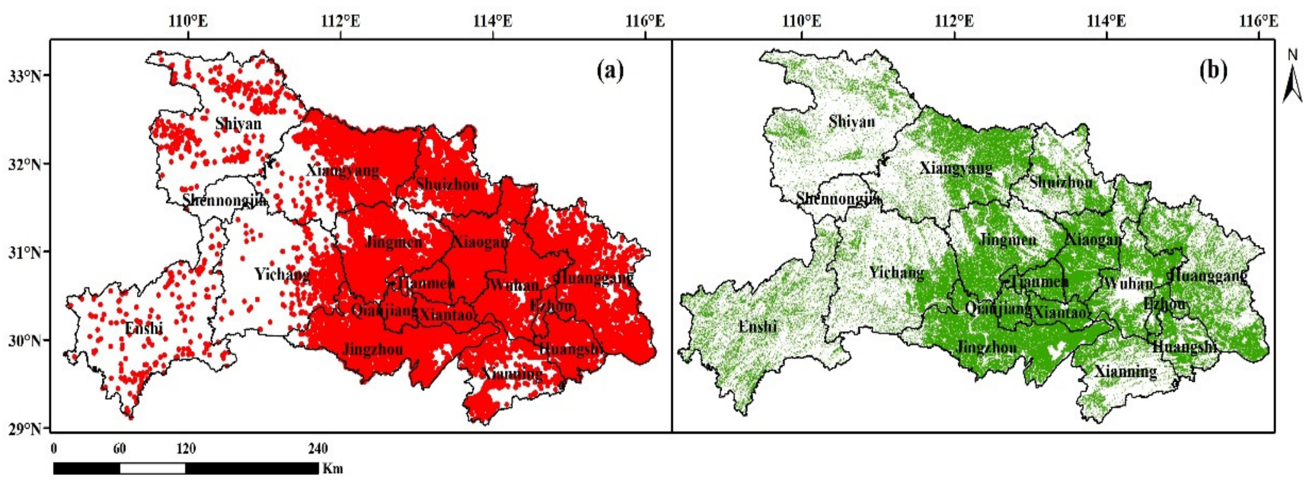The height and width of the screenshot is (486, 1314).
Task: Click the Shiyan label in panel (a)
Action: pos(238,123)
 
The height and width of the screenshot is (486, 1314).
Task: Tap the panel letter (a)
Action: pos(610,70)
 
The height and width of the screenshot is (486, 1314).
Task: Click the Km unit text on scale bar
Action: pos(333,468)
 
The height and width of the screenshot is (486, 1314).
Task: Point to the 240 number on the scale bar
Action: pos(318,449)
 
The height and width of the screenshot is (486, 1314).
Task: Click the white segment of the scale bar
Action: pos(152,468)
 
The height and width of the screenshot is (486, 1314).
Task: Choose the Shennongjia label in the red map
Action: pos(224,200)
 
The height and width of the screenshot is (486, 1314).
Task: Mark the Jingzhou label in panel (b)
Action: pos(986,347)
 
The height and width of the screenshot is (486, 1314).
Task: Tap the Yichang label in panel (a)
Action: pos(282,275)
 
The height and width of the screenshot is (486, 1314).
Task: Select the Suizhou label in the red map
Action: pos(447,184)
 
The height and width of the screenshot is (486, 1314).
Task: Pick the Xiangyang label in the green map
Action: pos(956,168)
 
